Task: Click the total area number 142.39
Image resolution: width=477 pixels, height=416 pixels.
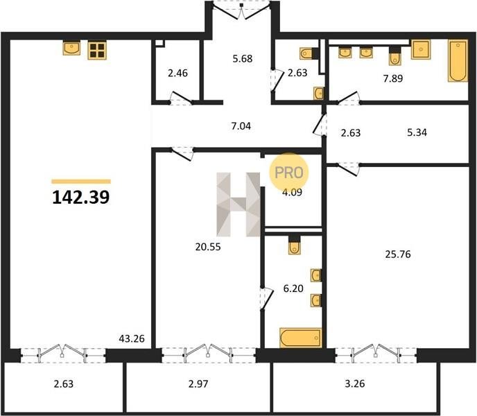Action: coord(81,197)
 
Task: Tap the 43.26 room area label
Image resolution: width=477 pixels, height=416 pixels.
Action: coord(132,338)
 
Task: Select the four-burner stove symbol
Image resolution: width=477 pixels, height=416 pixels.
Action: coord(97,50)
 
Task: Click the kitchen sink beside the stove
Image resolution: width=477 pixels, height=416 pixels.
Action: coord(72,49)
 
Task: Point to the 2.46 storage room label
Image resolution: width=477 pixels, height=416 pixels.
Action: coord(177,73)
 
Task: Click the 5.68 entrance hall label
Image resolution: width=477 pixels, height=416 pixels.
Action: coord(243,58)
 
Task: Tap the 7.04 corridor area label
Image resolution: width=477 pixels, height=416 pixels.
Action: coord(241,125)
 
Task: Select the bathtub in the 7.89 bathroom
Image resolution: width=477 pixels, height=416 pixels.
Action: coord(458,61)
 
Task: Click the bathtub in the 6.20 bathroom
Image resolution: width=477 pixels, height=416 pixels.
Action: coord(301,338)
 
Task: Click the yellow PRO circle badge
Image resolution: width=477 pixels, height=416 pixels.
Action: coord(288,173)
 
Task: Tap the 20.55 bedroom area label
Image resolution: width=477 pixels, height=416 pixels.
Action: coord(208,247)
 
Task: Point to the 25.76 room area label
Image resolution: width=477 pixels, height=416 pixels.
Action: coord(398,254)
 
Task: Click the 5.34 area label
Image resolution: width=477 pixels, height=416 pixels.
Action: coord(417,132)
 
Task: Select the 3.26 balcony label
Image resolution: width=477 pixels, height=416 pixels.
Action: coord(355,383)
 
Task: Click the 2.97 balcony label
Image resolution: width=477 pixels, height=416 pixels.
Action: coord(198,383)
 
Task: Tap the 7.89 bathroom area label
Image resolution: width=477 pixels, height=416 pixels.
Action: coord(393,78)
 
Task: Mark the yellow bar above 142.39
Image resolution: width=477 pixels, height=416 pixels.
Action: coord(81,182)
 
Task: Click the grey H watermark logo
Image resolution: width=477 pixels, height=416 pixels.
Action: coord(238,205)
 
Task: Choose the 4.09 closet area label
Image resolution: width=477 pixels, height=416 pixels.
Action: coord(292,192)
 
